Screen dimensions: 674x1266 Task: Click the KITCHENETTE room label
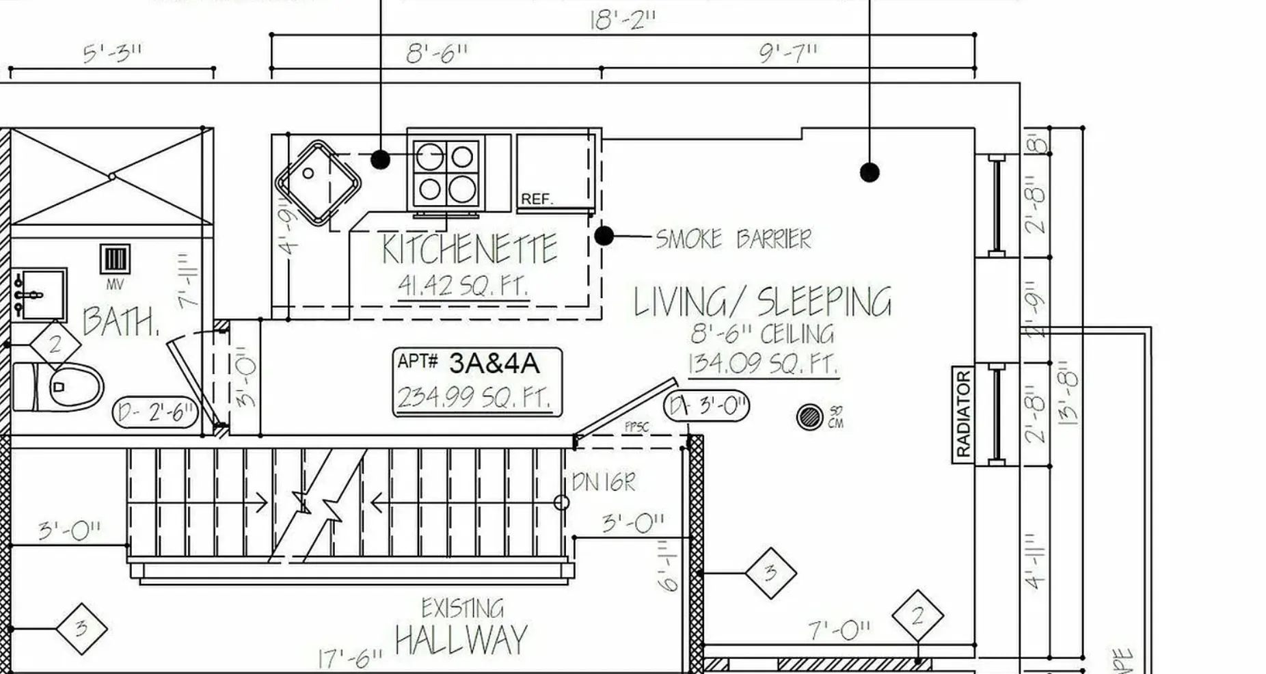click(x=469, y=250)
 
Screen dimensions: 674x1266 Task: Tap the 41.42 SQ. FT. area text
click(x=463, y=286)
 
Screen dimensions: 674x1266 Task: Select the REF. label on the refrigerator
click(x=537, y=199)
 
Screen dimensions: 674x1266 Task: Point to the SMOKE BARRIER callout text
click(x=733, y=239)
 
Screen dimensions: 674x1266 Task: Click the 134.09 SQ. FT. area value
click(x=762, y=363)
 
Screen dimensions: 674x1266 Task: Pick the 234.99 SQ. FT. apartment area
click(x=474, y=397)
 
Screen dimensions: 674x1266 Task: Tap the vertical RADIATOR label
click(x=962, y=414)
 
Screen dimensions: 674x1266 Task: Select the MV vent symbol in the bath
click(x=114, y=260)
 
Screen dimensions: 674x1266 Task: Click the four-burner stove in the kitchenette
click(x=446, y=173)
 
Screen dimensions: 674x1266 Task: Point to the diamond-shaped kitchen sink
click(x=318, y=183)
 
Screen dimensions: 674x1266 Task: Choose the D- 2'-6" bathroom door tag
click(x=155, y=412)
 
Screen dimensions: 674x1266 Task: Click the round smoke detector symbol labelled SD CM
click(x=809, y=417)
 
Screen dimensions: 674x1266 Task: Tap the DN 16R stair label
click(x=603, y=483)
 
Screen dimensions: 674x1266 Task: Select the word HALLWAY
click(x=461, y=641)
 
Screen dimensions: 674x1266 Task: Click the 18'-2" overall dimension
click(x=622, y=19)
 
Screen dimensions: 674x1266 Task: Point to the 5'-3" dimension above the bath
click(x=113, y=53)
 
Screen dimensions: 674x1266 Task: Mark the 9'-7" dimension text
click(x=788, y=53)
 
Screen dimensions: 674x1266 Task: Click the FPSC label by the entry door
click(x=636, y=427)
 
